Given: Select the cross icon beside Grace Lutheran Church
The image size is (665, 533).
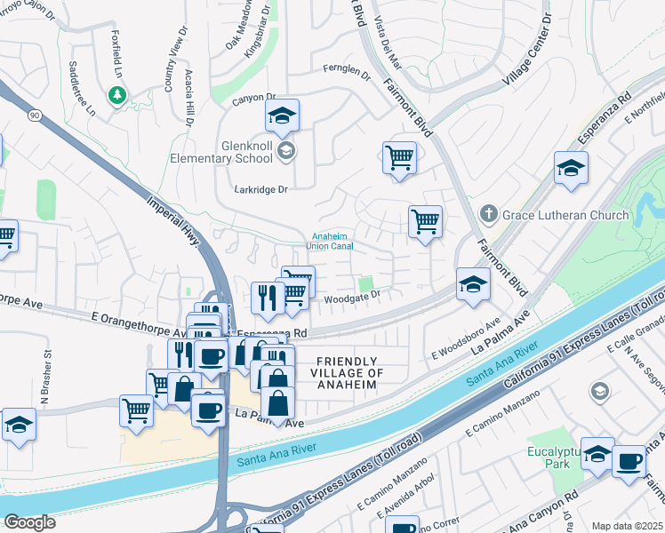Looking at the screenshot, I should coord(487,214).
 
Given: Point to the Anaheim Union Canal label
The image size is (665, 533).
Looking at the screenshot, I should coord(330,241).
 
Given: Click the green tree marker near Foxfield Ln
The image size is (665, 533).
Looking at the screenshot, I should coord(115,93).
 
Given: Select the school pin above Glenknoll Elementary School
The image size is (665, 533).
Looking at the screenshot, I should coord(282,116).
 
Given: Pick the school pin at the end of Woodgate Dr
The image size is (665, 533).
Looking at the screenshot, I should coord(473,285).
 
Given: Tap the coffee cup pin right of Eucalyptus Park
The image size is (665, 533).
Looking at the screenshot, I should coord(629,462).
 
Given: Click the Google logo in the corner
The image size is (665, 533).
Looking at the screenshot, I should coord(29,521).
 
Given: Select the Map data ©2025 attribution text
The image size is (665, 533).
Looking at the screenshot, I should coord(626,526).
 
